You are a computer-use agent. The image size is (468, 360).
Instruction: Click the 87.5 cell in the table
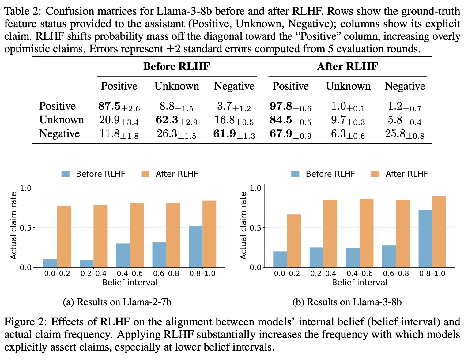tap(119, 106)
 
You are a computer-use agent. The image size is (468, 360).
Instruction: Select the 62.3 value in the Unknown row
tap(176, 120)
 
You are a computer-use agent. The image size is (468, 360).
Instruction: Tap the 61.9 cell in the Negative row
tap(234, 134)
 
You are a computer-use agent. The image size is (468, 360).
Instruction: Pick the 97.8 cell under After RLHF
tap(290, 106)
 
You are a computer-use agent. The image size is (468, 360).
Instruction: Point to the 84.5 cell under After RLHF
tap(290, 120)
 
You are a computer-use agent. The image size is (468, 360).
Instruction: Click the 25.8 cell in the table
tap(405, 134)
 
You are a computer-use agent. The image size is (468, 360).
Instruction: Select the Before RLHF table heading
tap(177, 66)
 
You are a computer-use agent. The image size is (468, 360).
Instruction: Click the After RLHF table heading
tap(347, 66)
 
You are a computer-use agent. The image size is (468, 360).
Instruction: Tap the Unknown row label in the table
tap(62, 120)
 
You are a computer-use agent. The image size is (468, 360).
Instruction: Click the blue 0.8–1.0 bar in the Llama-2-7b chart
tap(195, 246)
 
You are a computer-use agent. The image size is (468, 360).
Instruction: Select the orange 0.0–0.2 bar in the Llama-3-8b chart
tap(294, 241)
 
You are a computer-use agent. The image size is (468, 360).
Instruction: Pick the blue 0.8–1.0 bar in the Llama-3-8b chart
tap(425, 239)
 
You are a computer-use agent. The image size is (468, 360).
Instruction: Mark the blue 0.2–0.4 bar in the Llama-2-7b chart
tap(86, 264)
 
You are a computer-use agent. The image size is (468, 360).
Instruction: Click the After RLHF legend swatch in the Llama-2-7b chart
tap(145, 174)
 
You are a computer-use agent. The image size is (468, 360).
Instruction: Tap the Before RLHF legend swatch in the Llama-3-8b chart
tap(295, 174)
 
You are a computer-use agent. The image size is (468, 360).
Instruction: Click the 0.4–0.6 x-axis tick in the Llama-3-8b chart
tap(360, 273)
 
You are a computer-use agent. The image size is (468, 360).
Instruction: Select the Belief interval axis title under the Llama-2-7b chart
tap(130, 282)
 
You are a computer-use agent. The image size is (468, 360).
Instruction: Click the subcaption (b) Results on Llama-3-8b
tap(347, 302)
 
